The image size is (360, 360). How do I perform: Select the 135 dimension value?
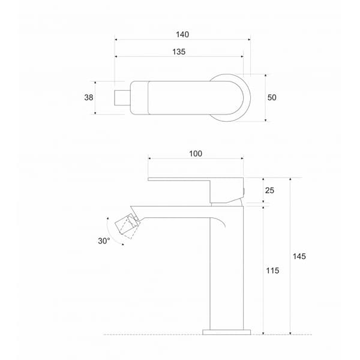pyautogui.click(x=178, y=52)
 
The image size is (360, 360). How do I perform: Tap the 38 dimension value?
pyautogui.click(x=89, y=97)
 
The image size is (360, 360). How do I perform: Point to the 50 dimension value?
pyautogui.click(x=272, y=97)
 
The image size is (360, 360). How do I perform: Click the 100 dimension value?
pyautogui.click(x=196, y=154)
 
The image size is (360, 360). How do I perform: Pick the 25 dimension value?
pyautogui.click(x=270, y=190)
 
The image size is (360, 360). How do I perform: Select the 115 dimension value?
pyautogui.click(x=272, y=271)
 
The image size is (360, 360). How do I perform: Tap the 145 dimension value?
pyautogui.click(x=299, y=256)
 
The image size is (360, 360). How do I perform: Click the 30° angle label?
pyautogui.click(x=103, y=241)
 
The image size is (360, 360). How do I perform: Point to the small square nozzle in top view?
pyautogui.click(x=119, y=97)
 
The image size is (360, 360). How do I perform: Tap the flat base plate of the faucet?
pyautogui.click(x=226, y=331)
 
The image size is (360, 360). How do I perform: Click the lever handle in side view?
pyautogui.click(x=195, y=180)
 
